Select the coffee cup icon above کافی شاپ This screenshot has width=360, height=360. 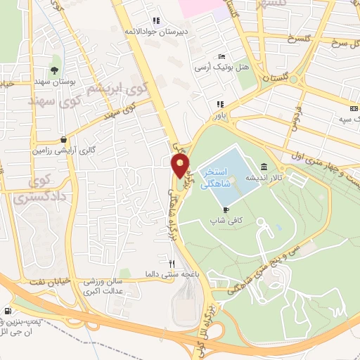226,209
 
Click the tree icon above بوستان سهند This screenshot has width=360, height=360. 54,70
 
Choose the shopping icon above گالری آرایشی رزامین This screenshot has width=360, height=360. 65,139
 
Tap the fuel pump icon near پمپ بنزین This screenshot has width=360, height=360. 8,311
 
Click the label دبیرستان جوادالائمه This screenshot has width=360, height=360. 150,32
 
